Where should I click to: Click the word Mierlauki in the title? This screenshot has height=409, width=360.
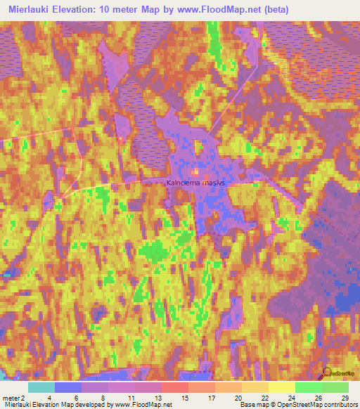[31, 11]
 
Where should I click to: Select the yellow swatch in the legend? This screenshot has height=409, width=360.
[281, 387]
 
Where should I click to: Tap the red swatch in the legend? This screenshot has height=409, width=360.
[174, 387]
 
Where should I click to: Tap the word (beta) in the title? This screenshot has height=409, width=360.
[271, 11]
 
